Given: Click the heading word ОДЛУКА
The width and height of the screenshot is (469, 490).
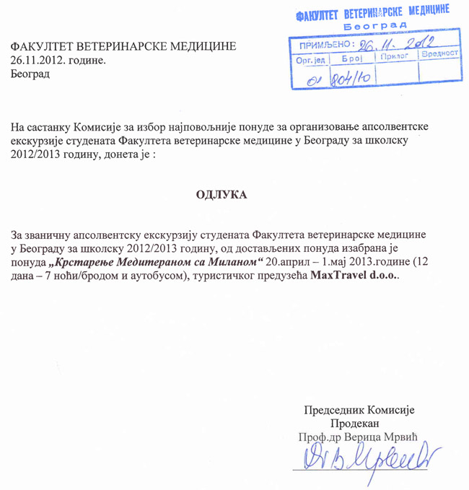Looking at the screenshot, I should [x=222, y=196].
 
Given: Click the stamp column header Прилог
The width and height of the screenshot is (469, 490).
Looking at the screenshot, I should [x=395, y=55].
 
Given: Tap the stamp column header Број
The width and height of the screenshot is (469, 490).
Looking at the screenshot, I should [x=351, y=55].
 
